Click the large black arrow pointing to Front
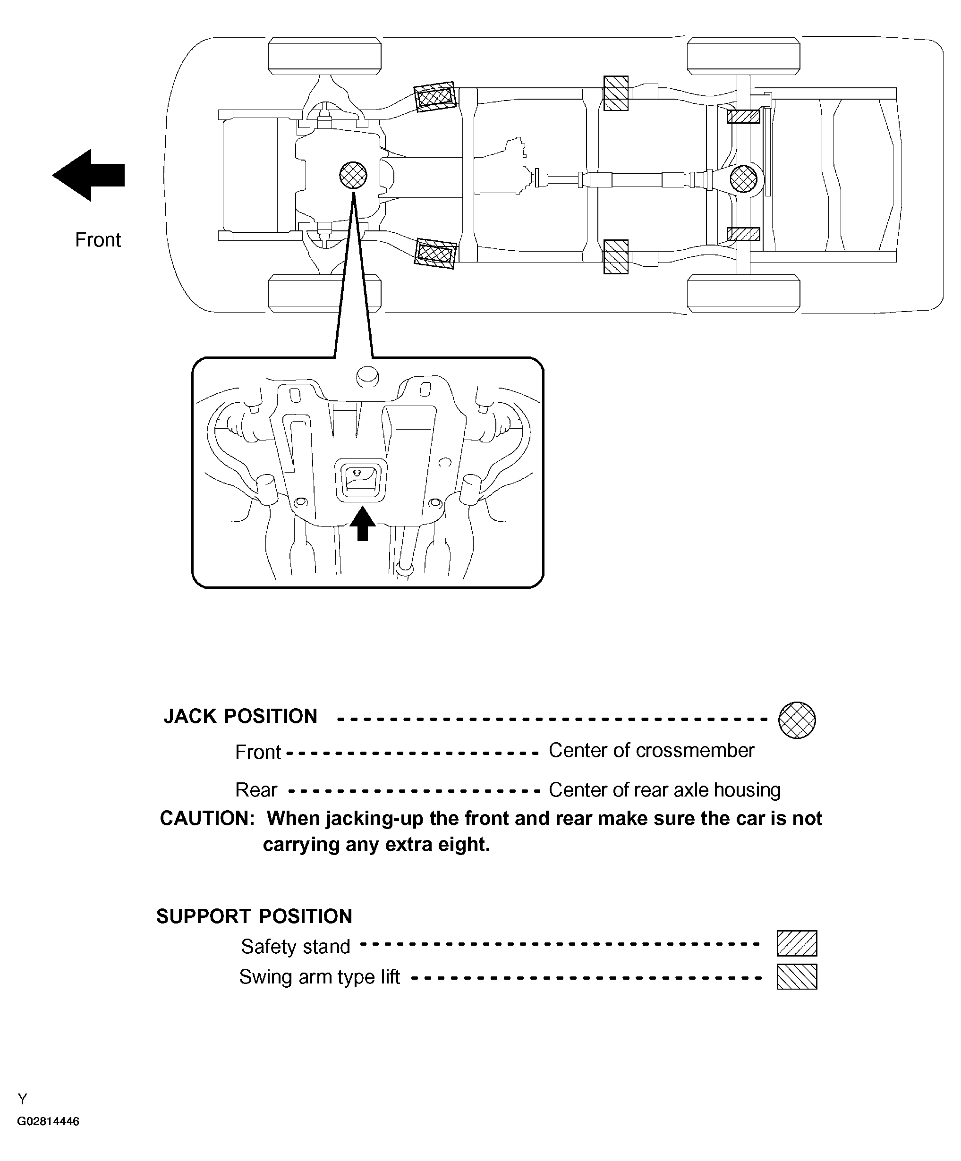coord(88,175)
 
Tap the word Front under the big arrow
coord(98,239)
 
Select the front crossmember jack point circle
coord(353,175)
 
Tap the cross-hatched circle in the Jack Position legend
coord(796,720)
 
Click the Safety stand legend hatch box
coord(796,943)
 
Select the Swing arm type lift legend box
coord(796,976)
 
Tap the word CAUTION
coord(207,818)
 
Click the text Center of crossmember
coord(651,750)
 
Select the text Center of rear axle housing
coord(664,789)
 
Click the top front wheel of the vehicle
coord(324,55)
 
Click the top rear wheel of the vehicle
coord(743,55)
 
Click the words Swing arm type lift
coord(319,976)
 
